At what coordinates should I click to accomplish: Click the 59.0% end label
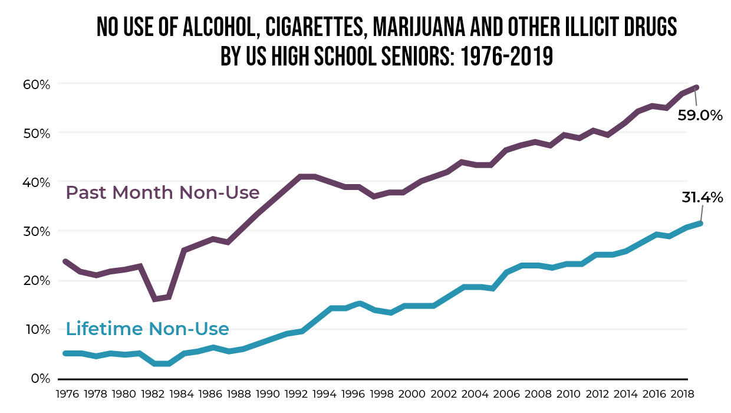coord(700,115)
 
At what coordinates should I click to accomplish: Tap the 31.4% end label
coord(702,198)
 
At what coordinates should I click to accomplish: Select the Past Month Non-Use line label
coord(163,193)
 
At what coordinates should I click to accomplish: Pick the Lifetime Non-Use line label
coord(147,329)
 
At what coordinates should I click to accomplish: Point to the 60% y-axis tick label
coord(37,84)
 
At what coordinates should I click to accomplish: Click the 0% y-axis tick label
coord(40,378)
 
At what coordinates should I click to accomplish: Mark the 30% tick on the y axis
coord(37,231)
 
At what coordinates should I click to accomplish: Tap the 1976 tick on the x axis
coord(65,393)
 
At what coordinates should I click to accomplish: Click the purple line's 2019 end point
coord(697,88)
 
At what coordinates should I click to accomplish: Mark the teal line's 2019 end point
coord(700,223)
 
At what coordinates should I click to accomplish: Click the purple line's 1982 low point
coord(155,299)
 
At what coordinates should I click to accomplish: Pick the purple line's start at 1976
coord(65,261)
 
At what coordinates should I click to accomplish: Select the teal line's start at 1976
coord(65,353)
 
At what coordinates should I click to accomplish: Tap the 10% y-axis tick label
coord(37,329)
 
